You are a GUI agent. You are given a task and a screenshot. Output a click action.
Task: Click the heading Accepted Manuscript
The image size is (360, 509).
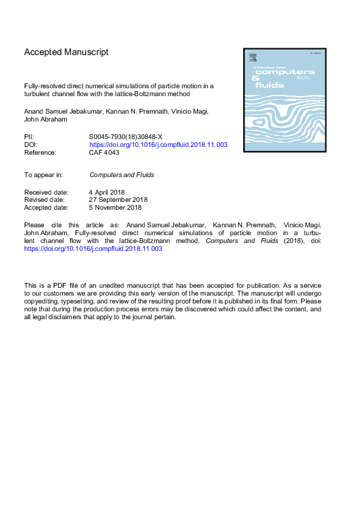pyautogui.click(x=67, y=53)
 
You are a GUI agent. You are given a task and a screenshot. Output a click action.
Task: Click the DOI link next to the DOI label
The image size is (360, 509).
pyautogui.click(x=158, y=145)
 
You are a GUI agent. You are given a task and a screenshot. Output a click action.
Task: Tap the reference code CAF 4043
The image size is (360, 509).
pyautogui.click(x=104, y=153)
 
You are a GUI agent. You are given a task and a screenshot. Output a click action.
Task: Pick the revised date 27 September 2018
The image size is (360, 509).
pyautogui.click(x=119, y=199)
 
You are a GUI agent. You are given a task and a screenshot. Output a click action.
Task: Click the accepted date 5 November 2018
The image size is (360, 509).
pyautogui.click(x=116, y=207)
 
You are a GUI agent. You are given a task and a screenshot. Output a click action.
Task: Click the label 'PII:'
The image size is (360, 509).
pyautogui.click(x=30, y=137)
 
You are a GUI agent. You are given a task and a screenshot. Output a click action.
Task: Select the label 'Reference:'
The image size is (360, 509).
pyautogui.click(x=40, y=153)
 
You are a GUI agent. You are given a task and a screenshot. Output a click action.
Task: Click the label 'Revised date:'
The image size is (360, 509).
pyautogui.click(x=45, y=199)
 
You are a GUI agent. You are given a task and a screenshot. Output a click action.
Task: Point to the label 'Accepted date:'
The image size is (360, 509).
pyautogui.click(x=47, y=207)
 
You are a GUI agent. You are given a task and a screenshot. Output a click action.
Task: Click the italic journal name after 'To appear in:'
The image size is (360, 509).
pyautogui.click(x=122, y=175)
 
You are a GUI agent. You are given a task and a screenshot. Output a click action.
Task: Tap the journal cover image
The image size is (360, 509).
pyautogui.click(x=284, y=100)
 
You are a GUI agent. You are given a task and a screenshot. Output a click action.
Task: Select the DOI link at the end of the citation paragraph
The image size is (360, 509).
pyautogui.click(x=93, y=248)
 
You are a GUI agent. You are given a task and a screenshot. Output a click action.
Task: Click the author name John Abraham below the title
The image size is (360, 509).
pyautogui.click(x=46, y=120)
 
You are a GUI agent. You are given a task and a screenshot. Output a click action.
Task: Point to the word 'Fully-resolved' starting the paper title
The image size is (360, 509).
pyautogui.click(x=43, y=86)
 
